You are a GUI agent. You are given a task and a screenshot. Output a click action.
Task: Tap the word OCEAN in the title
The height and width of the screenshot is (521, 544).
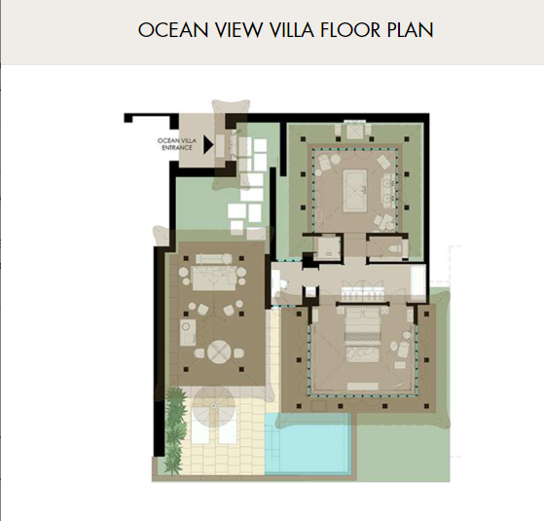[173, 30]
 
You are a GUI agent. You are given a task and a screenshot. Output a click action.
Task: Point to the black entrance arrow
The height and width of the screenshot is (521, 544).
[208, 144]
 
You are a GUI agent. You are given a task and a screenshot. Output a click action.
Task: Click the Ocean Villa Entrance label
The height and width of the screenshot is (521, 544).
[177, 144]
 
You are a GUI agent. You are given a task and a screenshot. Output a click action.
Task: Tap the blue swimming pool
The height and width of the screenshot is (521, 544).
[308, 443]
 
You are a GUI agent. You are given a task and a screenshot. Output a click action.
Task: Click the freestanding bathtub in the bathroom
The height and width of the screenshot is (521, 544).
[355, 190]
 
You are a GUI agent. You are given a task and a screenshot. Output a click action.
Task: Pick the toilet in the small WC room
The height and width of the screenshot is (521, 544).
[395, 248]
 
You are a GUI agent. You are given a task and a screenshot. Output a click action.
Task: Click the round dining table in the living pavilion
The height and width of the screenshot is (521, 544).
[219, 352]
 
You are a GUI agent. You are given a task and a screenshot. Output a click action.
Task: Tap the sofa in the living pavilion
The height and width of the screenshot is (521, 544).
[214, 278]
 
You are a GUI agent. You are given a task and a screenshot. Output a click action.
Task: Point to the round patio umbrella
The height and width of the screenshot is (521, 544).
[214, 406]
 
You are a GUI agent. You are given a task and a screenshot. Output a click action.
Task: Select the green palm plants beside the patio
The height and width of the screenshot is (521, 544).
[174, 430]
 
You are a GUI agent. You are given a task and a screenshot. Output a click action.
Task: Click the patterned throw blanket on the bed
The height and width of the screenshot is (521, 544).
[362, 336]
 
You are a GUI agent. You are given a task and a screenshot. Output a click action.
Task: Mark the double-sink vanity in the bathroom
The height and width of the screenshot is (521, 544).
[388, 191]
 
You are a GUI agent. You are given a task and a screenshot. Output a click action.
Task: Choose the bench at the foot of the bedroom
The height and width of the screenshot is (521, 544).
[363, 387]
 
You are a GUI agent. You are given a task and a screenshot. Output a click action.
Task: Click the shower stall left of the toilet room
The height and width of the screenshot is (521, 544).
[327, 246]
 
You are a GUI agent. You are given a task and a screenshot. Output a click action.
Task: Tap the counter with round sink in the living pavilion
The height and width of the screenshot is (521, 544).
[188, 332]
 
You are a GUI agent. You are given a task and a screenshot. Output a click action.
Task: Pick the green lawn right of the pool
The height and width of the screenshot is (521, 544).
[403, 448]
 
